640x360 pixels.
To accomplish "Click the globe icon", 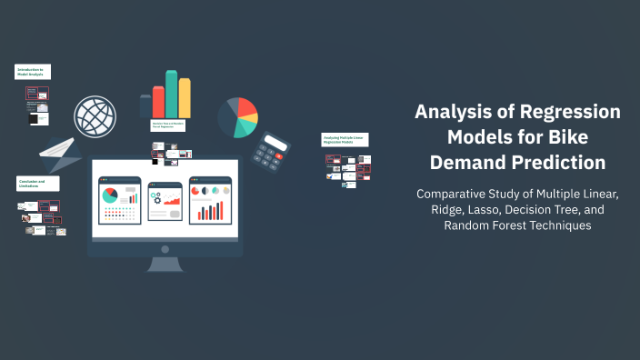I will [95, 116].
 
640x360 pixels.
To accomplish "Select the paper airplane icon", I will [59, 155].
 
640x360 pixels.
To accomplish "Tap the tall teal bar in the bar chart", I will [171, 95].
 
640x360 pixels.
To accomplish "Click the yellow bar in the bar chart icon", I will [185, 98].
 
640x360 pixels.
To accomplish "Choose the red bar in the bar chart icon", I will [158, 102].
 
